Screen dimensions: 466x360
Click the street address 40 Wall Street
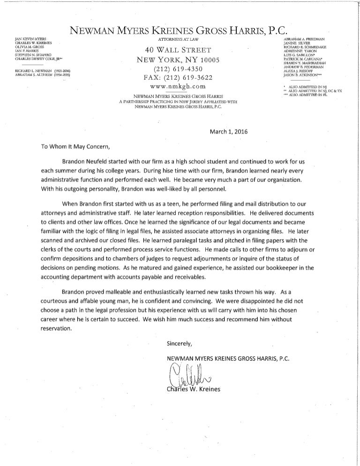pyautogui.click(x=179, y=51)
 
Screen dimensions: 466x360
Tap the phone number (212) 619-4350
pyautogui.click(x=178, y=69)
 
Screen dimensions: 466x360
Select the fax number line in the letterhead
pyautogui.click(x=178, y=78)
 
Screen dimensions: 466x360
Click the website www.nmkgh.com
pyautogui.click(x=178, y=87)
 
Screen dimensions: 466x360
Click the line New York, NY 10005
pyautogui.click(x=178, y=60)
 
